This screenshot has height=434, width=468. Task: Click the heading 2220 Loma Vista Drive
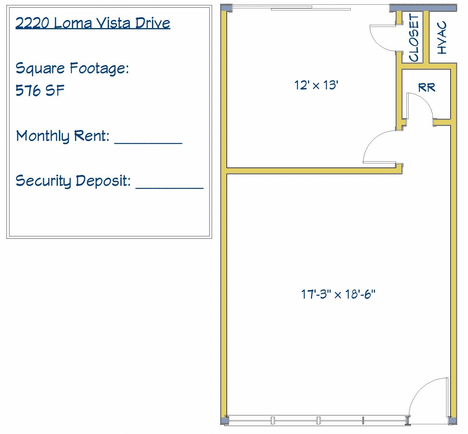point(93,23)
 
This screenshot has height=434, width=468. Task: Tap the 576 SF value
point(40,90)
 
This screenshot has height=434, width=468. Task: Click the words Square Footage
point(72,68)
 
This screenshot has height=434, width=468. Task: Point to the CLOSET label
point(414,38)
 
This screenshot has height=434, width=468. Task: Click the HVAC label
point(442,38)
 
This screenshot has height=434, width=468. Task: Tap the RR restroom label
point(426,87)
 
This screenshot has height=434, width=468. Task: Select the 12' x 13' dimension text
point(316,85)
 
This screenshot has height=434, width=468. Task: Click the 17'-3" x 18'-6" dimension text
point(338,294)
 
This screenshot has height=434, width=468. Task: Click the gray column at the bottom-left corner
point(225,420)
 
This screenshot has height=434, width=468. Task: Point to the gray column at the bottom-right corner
point(452,420)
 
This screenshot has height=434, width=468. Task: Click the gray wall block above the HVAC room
point(423,8)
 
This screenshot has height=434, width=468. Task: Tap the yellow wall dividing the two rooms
point(310,171)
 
